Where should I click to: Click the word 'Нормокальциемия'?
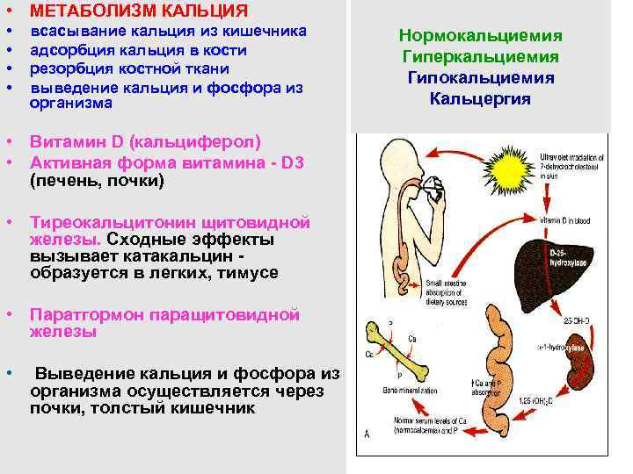coord(480,36)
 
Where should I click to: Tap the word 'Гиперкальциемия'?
coord(480,57)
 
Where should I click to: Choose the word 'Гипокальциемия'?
coord(480,78)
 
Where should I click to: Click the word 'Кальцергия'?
coord(480,98)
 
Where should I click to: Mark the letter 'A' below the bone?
coord(367,434)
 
